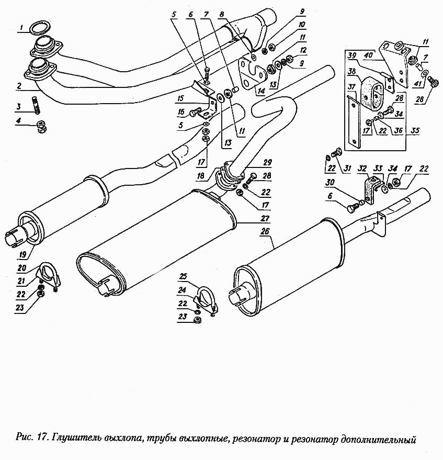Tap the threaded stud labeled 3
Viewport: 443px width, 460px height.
click(37, 103)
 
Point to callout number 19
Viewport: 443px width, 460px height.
click(22, 255)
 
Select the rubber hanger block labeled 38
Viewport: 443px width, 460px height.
click(374, 92)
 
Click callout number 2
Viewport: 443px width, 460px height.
click(19, 85)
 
